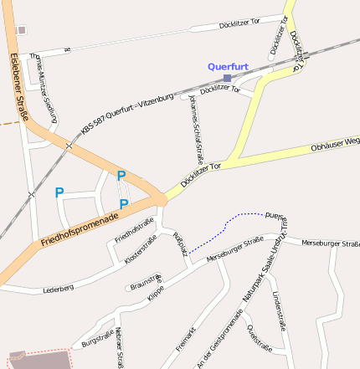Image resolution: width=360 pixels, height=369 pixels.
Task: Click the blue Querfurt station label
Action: [x=229, y=65]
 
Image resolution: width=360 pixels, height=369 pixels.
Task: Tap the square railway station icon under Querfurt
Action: [x=227, y=78]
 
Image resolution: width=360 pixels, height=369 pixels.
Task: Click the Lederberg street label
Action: [x=59, y=288]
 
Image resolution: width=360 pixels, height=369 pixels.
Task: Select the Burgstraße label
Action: [x=98, y=340]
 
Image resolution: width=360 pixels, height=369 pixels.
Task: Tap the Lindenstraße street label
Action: [x=278, y=311]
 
